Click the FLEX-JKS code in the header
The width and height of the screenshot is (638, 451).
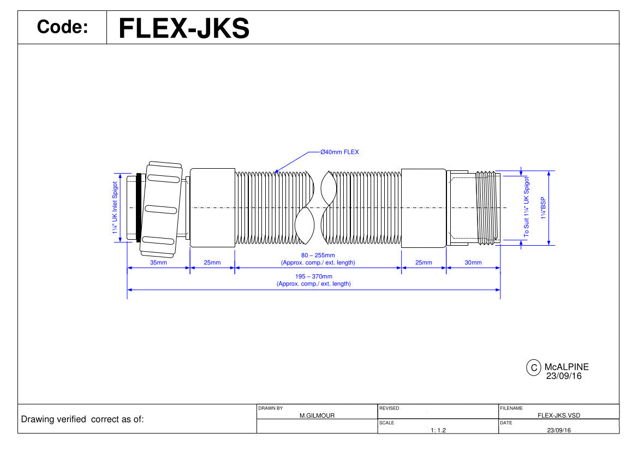pos(184,28)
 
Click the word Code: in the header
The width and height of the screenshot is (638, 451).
pos(62,27)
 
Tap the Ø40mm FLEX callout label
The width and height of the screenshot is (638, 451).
pos(339,152)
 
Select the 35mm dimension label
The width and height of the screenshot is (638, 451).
pos(158,263)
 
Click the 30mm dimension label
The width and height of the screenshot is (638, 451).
pos(473,263)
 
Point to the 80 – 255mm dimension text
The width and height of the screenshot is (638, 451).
pos(318,255)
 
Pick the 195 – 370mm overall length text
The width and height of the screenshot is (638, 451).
pos(314,276)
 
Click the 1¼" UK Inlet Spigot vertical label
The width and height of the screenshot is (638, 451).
pos(115,207)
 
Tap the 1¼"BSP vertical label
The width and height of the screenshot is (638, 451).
pos(543,208)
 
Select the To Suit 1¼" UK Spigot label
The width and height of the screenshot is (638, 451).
pos(527,207)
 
